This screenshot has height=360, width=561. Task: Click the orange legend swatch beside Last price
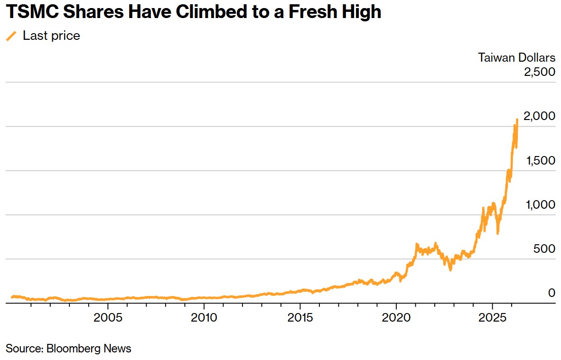(x=11, y=36)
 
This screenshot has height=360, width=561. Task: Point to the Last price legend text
(x=51, y=36)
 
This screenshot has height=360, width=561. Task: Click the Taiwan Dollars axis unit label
(x=516, y=58)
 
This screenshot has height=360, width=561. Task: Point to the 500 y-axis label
(x=544, y=249)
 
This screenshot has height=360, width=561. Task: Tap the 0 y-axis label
(x=552, y=293)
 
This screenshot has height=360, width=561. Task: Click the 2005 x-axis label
(x=108, y=317)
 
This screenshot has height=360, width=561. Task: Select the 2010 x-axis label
(x=204, y=317)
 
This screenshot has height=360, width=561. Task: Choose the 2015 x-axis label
(x=300, y=317)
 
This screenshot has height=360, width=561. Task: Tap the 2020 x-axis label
(x=396, y=317)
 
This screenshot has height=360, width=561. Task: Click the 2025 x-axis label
(x=492, y=317)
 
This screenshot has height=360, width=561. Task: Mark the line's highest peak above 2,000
(x=516, y=120)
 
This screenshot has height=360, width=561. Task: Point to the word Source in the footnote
(x=24, y=349)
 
